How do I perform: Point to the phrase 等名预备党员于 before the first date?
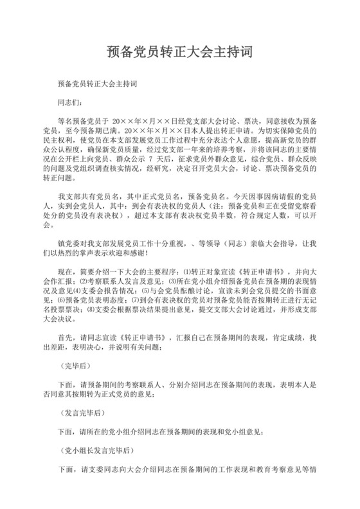point(82,120)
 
